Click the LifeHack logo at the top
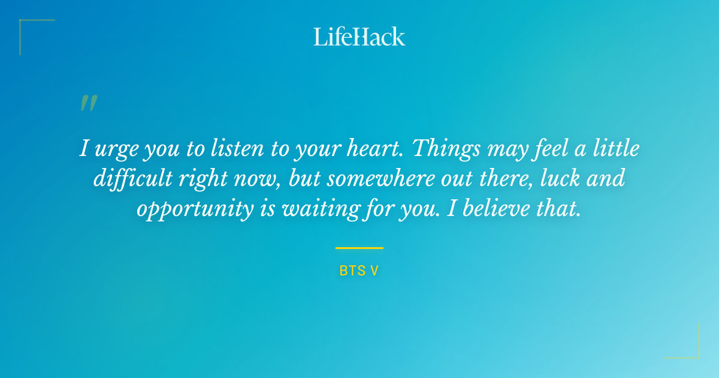[x=359, y=37]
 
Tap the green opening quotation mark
[x=89, y=103]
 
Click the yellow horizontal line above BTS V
[x=359, y=248]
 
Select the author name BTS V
[x=359, y=271]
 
